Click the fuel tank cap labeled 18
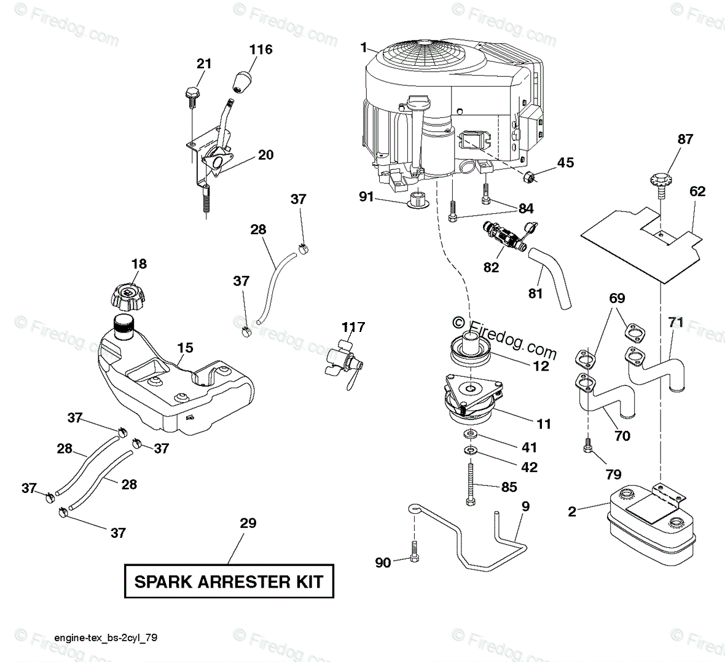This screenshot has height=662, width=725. [x=126, y=296]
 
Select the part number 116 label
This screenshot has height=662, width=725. [x=261, y=49]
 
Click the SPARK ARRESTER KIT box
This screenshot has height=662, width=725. [x=229, y=581]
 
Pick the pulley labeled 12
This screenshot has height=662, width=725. [x=470, y=351]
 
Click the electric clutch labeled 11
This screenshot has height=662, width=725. [x=472, y=400]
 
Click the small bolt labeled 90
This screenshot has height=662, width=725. [x=414, y=551]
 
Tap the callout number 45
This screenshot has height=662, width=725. [x=565, y=163]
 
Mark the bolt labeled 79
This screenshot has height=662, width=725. [x=588, y=446]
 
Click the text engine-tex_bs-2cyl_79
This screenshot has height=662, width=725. [x=106, y=637]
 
